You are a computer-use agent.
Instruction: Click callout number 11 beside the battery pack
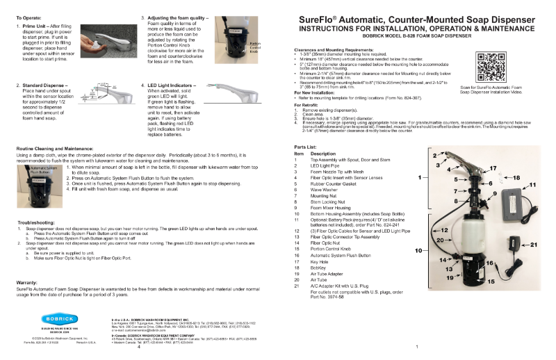533,165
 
